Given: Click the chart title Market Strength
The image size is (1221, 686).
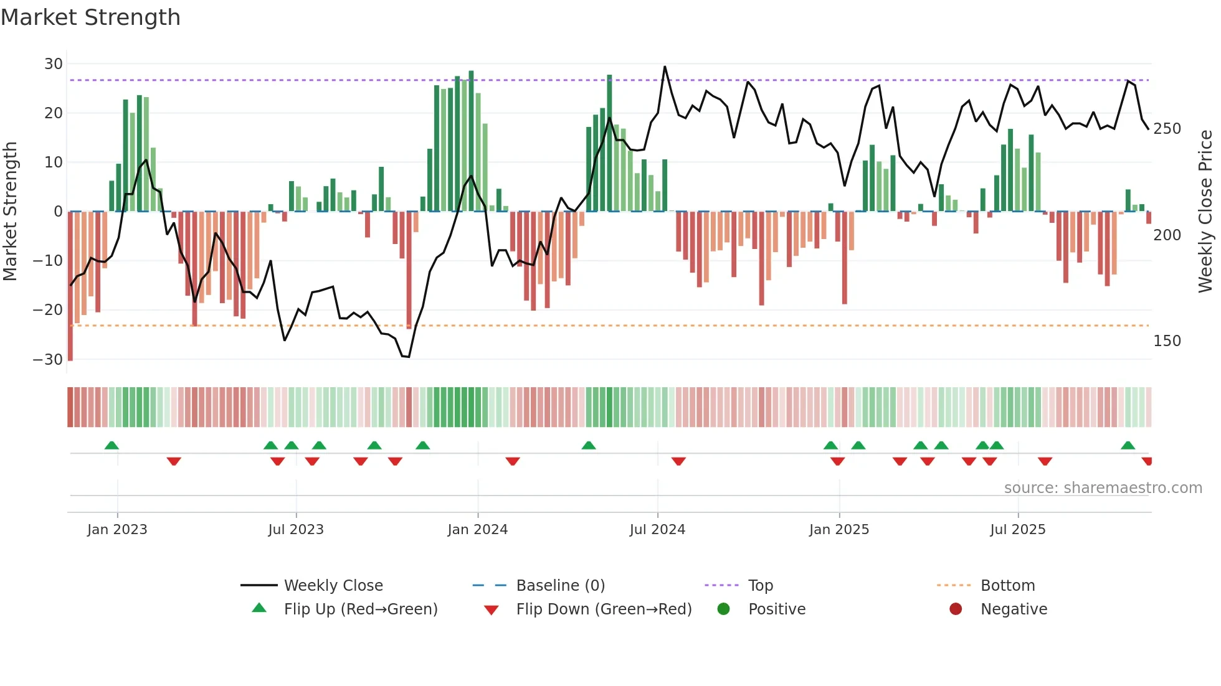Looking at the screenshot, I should [90, 17].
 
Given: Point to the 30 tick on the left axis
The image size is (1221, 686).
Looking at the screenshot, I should [54, 64].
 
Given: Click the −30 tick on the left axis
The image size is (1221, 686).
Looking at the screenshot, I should [48, 360].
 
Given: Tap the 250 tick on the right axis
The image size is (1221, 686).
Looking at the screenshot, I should [1167, 129].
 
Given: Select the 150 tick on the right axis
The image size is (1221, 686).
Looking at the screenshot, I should [1167, 341].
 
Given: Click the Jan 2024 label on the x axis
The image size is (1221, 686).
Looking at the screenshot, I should [477, 530].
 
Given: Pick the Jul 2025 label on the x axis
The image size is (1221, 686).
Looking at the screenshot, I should [1017, 530].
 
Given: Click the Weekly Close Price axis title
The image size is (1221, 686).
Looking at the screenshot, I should [1205, 212].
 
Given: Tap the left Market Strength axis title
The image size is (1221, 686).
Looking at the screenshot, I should [11, 212].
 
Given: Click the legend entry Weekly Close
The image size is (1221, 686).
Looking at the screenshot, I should [333, 586].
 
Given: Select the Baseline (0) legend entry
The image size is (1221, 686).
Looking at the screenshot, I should [560, 586].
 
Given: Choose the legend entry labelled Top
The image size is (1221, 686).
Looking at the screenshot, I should [760, 586].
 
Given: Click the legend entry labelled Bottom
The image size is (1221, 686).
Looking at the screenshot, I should [1007, 586].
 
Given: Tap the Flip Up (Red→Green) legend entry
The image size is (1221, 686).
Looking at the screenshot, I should [360, 609].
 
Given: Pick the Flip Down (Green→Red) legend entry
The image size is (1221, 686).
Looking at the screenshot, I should [604, 609].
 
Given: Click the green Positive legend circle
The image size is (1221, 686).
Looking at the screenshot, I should [723, 609].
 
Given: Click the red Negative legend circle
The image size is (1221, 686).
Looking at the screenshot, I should [956, 609].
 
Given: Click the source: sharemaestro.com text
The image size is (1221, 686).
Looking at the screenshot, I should [1103, 488].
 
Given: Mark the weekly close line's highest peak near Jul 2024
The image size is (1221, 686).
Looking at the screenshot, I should [665, 67].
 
